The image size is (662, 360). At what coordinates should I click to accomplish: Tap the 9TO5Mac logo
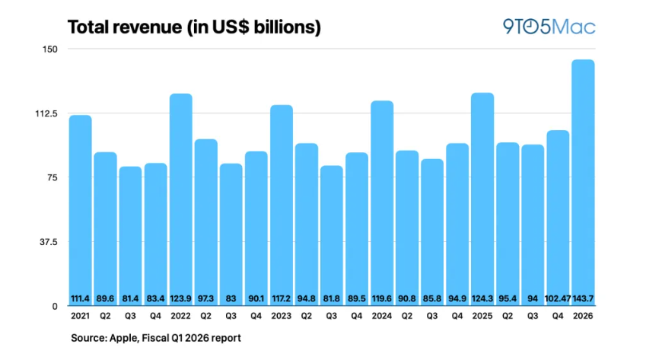point(549,27)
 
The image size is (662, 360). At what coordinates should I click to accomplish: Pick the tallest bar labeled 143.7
point(583,183)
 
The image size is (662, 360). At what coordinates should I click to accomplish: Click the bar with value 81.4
point(130,236)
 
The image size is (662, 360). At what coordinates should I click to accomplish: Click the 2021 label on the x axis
point(80,316)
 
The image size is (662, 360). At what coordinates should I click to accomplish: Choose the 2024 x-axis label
point(382,316)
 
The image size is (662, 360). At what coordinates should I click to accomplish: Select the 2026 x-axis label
point(583,316)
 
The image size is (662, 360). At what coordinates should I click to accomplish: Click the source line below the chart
point(156,337)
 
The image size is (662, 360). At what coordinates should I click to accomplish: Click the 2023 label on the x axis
point(282,316)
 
